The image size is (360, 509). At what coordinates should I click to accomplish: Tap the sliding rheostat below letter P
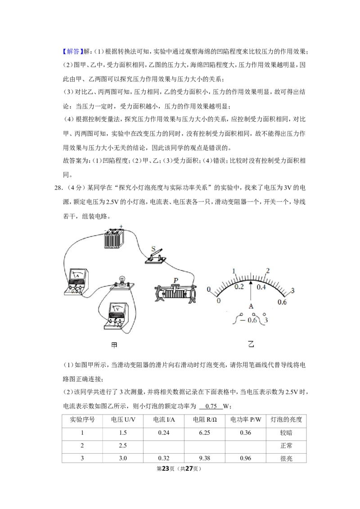point(175,294)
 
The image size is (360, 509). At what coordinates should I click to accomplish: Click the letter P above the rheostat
point(176,280)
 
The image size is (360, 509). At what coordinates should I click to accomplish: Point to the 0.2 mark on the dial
point(239,286)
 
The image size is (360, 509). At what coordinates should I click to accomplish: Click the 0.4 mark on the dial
point(261,287)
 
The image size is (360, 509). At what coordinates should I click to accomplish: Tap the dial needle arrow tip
point(251,281)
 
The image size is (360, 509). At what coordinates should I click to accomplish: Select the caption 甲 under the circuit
point(114,345)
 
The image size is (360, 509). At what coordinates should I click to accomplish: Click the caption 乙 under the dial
point(251,344)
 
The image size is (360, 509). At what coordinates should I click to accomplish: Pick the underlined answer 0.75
point(211,406)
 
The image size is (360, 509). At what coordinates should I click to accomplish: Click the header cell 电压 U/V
point(123,420)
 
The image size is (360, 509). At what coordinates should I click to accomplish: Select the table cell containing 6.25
point(205,433)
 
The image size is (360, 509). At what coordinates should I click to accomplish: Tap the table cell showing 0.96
point(246,458)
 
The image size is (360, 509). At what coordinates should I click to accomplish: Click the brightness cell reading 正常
point(286,446)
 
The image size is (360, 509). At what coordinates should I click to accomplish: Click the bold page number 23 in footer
point(166,469)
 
